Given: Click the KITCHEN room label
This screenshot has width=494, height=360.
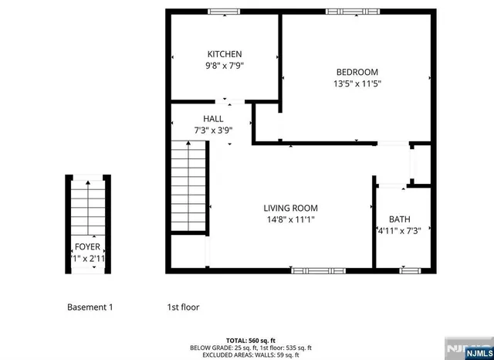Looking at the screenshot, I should (x=224, y=54).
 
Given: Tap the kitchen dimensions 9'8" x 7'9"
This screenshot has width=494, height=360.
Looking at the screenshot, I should (x=224, y=66).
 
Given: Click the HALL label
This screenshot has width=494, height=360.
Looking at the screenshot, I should (x=213, y=119).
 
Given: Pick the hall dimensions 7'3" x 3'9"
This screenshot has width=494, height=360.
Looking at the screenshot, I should (x=213, y=131).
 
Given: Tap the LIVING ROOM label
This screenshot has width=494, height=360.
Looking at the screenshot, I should (x=290, y=208).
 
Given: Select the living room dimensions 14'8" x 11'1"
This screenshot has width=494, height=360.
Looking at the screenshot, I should (x=290, y=219).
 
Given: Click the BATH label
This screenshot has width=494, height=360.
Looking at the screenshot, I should (x=400, y=219).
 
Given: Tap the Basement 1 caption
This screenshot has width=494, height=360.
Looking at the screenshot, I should (x=90, y=307).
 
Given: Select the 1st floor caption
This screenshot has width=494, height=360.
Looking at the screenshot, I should (x=183, y=307).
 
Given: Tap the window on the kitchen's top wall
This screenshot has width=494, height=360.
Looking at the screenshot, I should (x=225, y=11).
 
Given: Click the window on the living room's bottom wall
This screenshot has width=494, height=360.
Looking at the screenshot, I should (x=318, y=271).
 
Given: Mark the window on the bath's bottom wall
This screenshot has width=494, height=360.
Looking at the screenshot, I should (x=409, y=271).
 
